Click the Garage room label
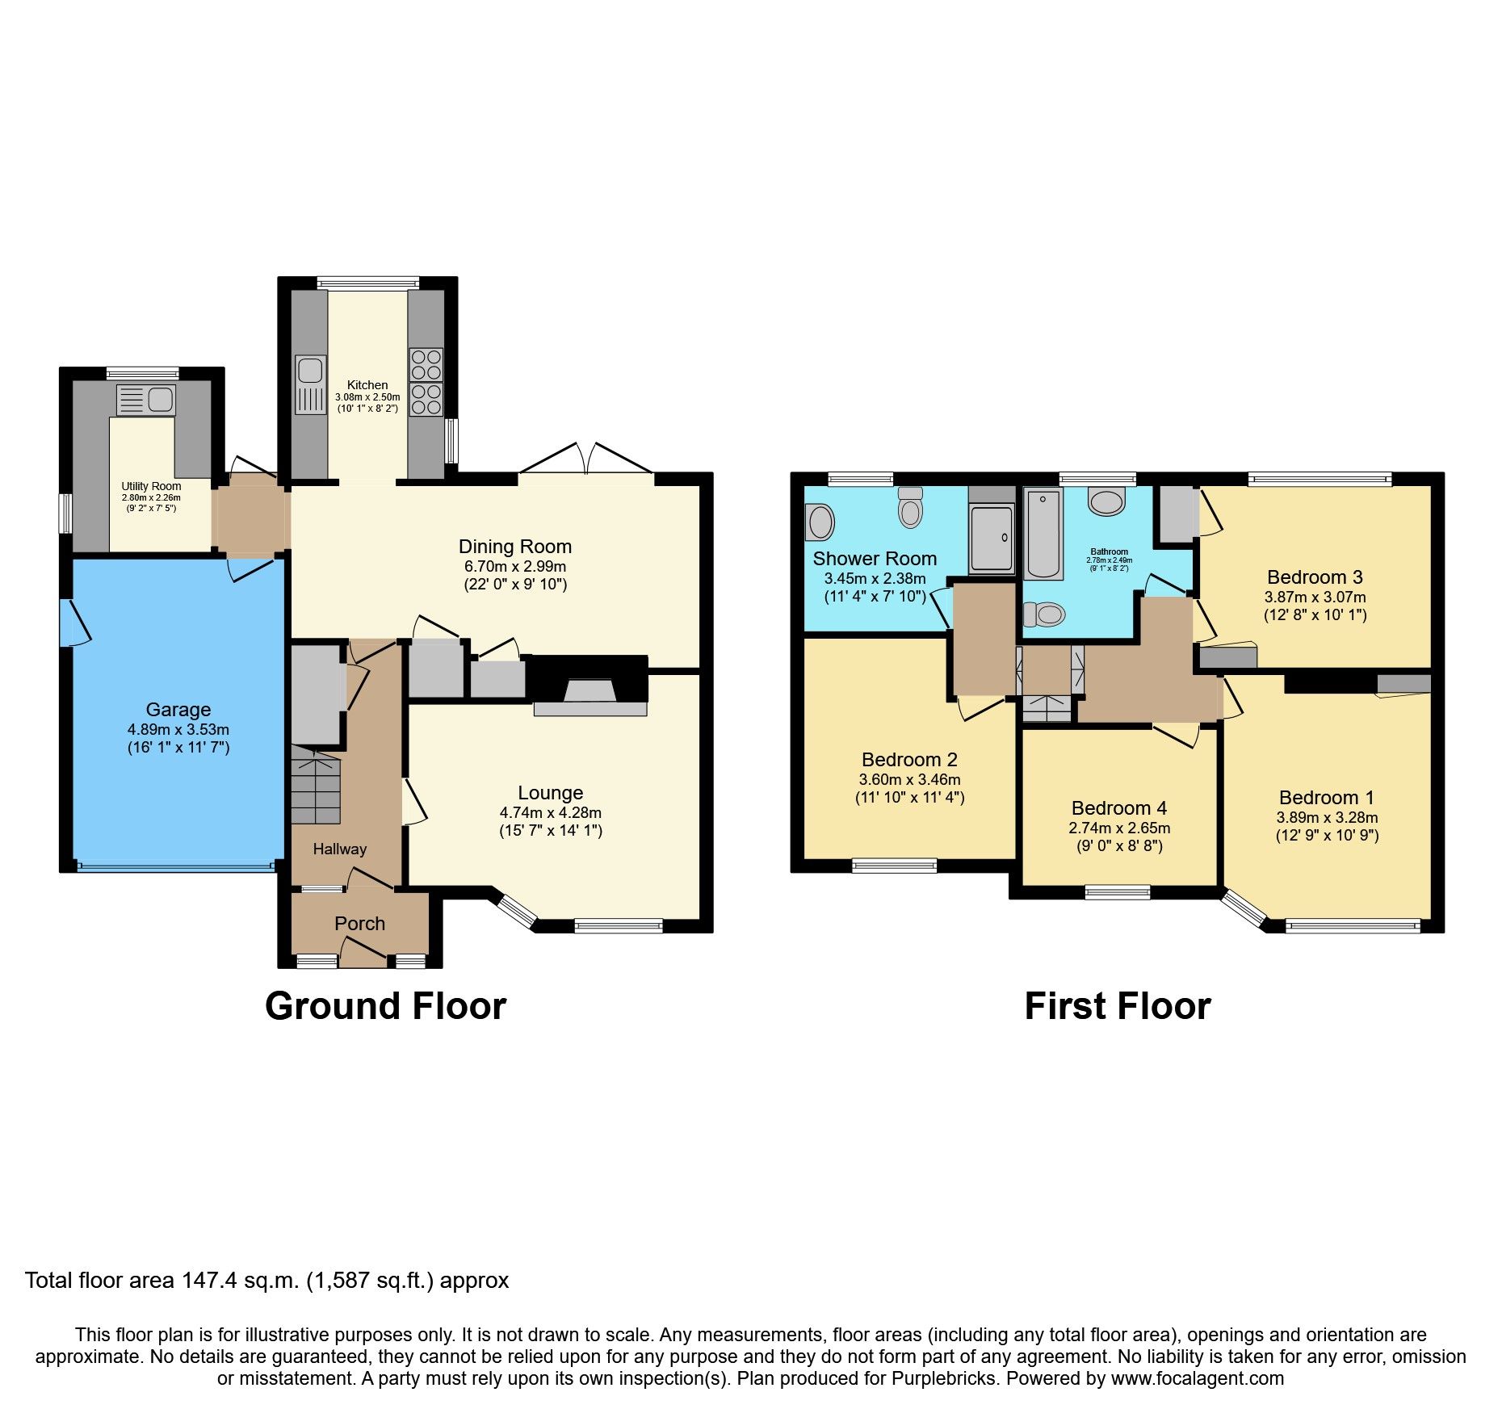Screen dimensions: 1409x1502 click(178, 710)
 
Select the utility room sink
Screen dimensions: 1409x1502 click(146, 399)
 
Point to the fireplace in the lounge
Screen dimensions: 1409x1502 click(590, 691)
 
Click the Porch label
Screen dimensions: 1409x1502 click(359, 924)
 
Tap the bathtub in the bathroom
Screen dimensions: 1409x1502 click(1043, 534)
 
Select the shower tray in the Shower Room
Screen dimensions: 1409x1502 click(992, 538)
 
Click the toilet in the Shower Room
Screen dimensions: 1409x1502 click(910, 508)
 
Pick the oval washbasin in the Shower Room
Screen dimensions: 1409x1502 click(820, 522)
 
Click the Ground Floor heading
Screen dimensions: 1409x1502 click(385, 1007)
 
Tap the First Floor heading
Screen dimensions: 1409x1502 click(1117, 1007)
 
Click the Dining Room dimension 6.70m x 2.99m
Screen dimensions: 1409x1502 click(514, 567)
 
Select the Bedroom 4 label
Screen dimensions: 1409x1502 click(1118, 808)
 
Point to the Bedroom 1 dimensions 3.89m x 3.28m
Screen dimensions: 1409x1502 click(1327, 817)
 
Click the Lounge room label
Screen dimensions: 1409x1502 click(550, 793)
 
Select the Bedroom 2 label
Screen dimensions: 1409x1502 click(909, 760)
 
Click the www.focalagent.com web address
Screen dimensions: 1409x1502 click(1197, 1378)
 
